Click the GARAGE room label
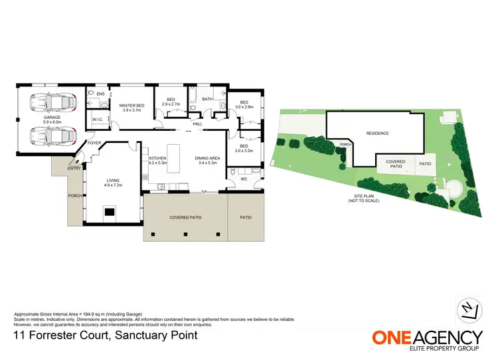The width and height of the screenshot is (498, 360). click(52, 118)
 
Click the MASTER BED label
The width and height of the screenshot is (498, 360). click(131, 105)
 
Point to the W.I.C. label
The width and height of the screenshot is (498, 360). click(96, 120)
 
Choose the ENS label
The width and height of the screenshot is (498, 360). click(100, 94)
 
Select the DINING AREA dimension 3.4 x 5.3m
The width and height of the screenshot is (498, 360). click(206, 162)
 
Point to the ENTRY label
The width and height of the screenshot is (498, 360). click(74, 168)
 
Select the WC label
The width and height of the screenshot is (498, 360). click(244, 179)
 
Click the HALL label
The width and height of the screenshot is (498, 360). click(197, 124)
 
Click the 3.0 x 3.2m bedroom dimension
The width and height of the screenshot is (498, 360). click(244, 150)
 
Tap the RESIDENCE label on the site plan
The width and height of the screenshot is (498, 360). click(377, 134)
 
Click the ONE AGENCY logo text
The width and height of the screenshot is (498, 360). click(426, 337)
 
